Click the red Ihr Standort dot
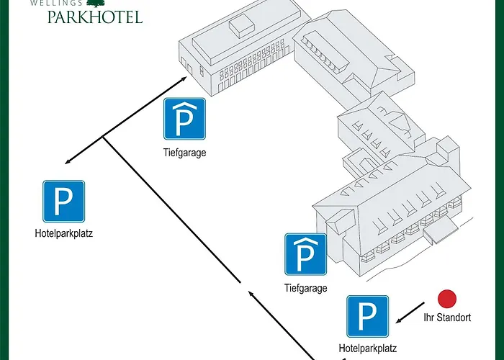[x=448, y=299]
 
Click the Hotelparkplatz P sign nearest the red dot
[x=368, y=316]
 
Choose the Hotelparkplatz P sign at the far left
[x=64, y=201]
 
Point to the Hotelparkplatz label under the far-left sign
[x=64, y=233]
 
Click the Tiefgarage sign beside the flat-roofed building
[x=184, y=119]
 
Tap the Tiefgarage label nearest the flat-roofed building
[x=184, y=152]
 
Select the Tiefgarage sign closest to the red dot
[x=306, y=254]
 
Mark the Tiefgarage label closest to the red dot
[x=306, y=288]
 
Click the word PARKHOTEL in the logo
[x=94, y=16]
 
